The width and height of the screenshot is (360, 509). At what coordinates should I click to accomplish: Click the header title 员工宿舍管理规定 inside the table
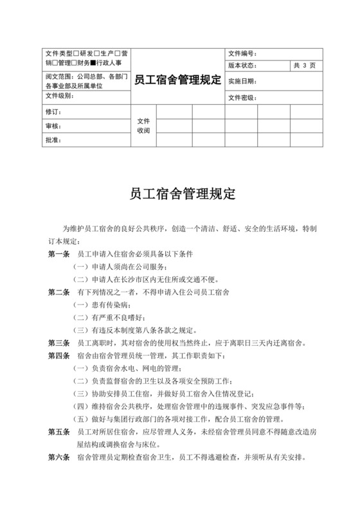pyautogui.click(x=177, y=80)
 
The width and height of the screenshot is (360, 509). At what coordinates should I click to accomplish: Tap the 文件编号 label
pyautogui.click(x=242, y=53)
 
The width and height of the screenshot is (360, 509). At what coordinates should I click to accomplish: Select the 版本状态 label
pyautogui.click(x=242, y=66)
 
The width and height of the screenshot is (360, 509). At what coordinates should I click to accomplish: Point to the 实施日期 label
pyautogui.click(x=242, y=82)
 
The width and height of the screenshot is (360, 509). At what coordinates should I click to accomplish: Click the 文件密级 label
pyautogui.click(x=242, y=98)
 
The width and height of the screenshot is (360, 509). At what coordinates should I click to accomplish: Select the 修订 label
pyautogui.click(x=53, y=112)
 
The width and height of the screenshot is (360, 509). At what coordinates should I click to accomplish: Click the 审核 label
pyautogui.click(x=53, y=125)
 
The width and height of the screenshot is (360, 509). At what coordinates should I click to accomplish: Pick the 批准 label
pyautogui.click(x=53, y=139)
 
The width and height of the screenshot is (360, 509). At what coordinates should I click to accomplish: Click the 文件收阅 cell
pyautogui.click(x=143, y=125)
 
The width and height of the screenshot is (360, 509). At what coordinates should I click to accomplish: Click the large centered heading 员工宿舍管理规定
pyautogui.click(x=179, y=192)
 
